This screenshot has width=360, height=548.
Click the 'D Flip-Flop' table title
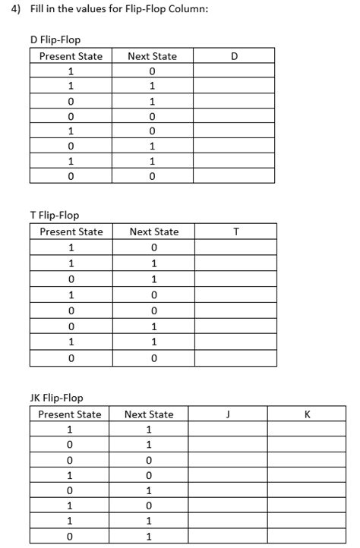point(55,39)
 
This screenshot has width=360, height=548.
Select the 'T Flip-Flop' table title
point(54,215)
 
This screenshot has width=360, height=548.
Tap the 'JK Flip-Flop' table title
point(56,398)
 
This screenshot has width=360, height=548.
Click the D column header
point(233,56)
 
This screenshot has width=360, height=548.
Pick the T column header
point(236,231)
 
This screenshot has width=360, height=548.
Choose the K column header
point(306,414)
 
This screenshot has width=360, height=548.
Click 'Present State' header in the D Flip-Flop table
point(71,56)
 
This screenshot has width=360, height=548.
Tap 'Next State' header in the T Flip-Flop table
point(154,231)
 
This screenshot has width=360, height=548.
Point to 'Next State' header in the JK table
point(149,414)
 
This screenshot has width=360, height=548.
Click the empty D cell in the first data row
point(233,71)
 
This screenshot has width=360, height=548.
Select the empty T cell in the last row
point(236,357)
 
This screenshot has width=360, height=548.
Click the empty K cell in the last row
point(306,537)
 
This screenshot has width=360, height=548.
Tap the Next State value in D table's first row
point(152,71)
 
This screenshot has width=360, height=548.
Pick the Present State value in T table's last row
point(71,357)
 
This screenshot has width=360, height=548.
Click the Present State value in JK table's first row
point(70,430)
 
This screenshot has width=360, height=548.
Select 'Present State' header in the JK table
point(70,414)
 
